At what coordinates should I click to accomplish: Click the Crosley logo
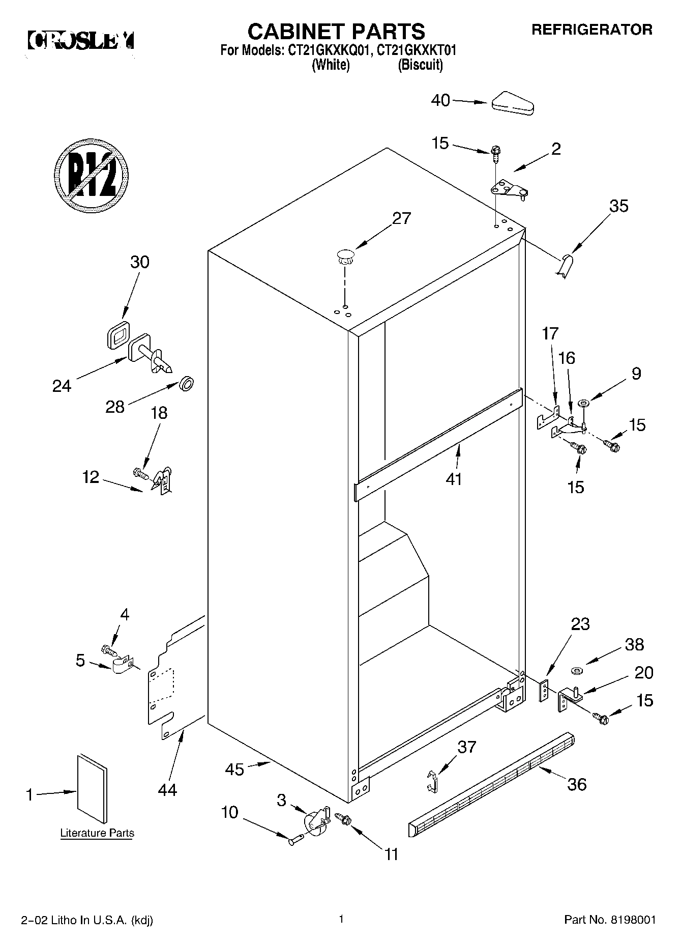[x=81, y=41]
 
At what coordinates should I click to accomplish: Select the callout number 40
[x=440, y=101]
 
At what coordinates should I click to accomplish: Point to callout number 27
[x=401, y=218]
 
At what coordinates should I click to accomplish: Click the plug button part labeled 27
[x=345, y=255]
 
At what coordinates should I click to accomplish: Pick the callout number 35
[x=618, y=206]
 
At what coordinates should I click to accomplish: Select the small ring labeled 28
[x=187, y=384]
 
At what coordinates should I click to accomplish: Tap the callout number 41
[x=454, y=479]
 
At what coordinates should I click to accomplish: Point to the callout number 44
[x=167, y=790]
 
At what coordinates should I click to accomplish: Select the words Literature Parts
[x=97, y=833]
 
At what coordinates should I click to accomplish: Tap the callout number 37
[x=466, y=747]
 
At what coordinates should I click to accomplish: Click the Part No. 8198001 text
[x=610, y=920]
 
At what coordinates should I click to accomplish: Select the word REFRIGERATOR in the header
[x=592, y=30]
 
